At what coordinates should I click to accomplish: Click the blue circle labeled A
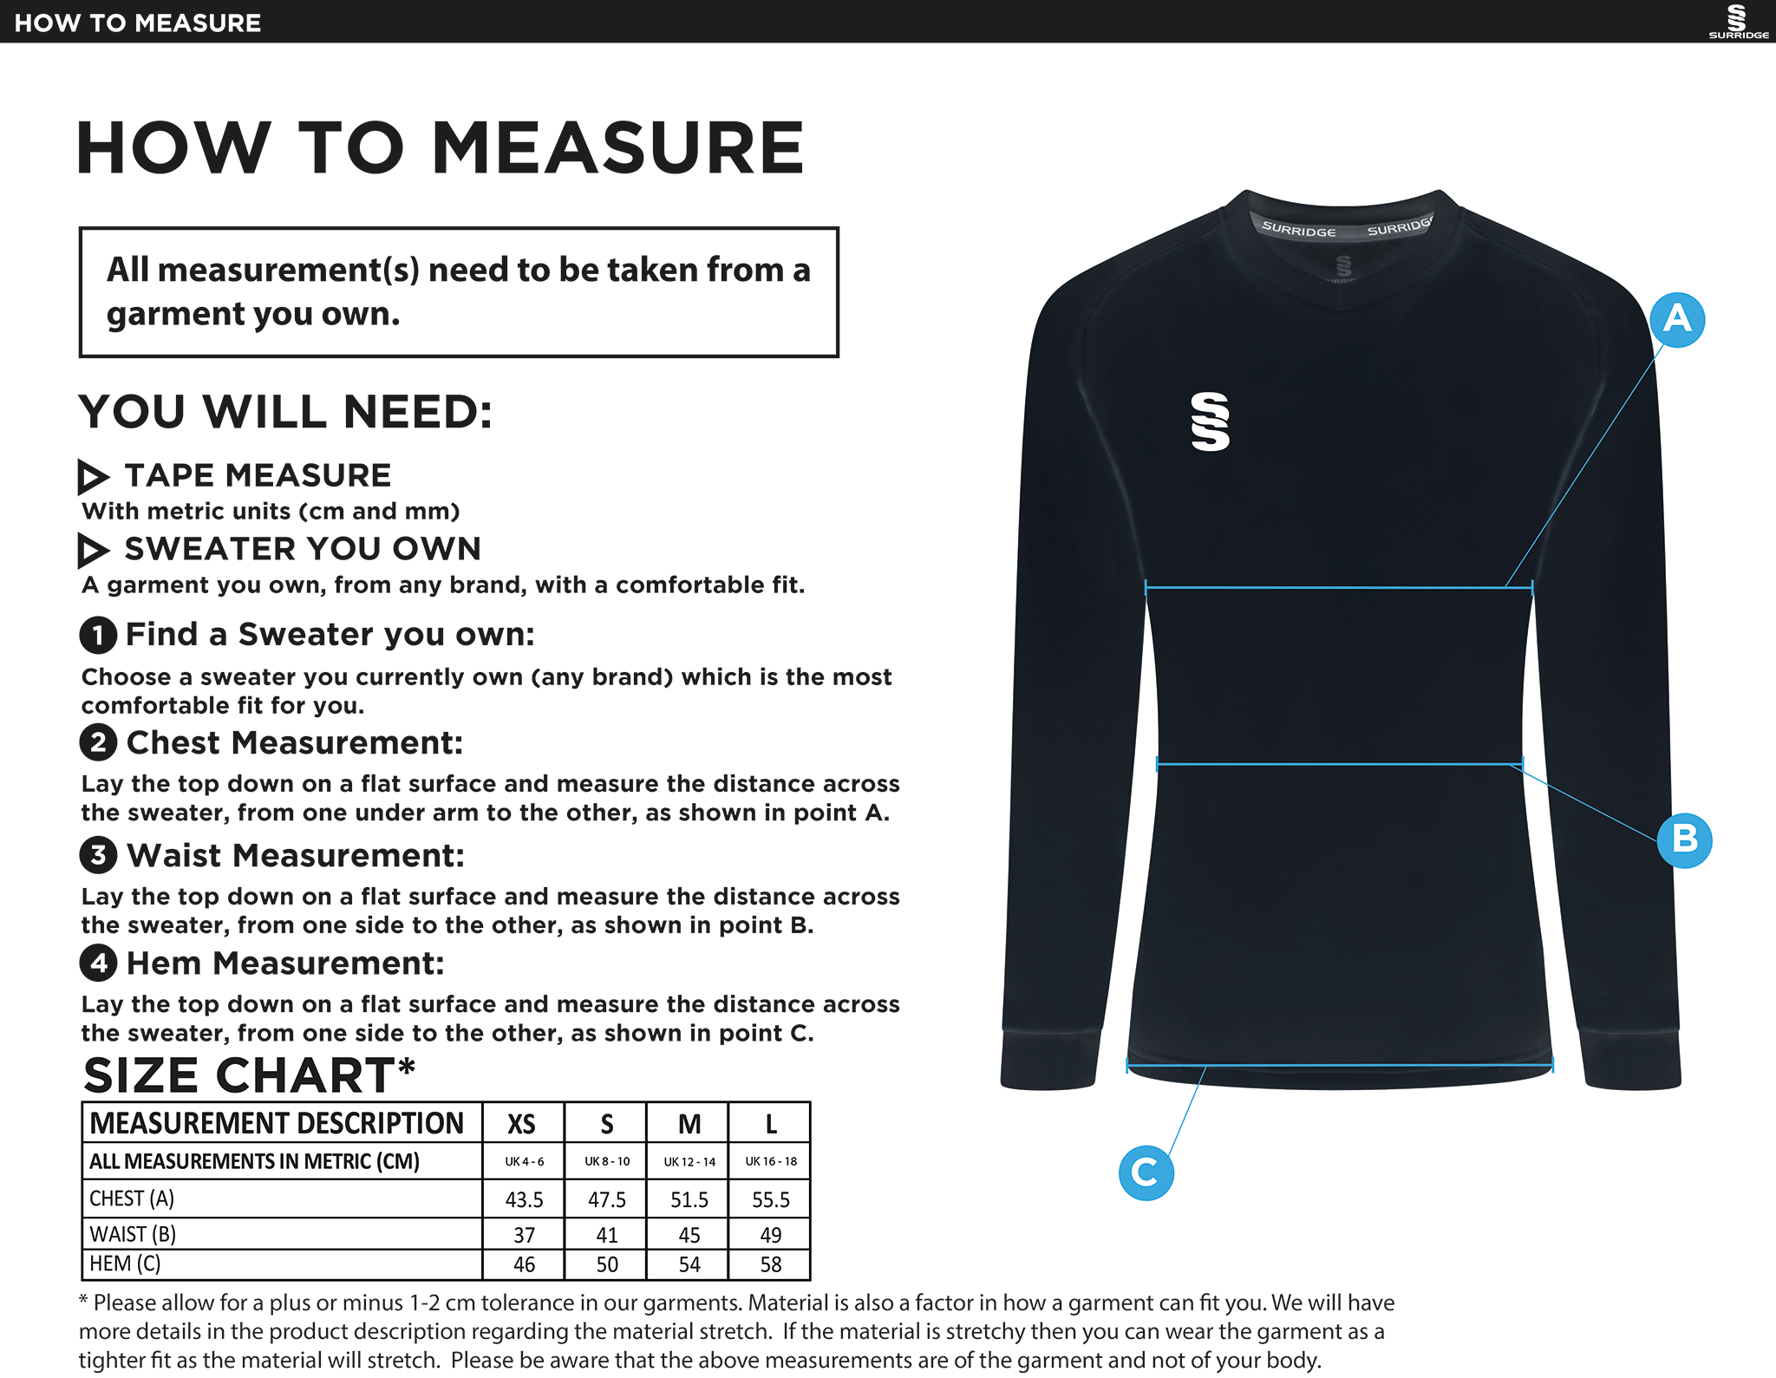(1677, 320)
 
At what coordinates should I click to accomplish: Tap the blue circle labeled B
(1684, 839)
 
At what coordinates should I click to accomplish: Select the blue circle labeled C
(1146, 1172)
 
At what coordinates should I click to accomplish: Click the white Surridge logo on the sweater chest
(1211, 421)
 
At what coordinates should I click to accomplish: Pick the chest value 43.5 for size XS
(524, 1199)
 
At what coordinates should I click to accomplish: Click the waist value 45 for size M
(689, 1234)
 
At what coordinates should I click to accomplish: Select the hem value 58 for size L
(770, 1264)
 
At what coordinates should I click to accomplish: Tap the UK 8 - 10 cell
(607, 1161)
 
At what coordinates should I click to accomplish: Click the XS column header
(521, 1124)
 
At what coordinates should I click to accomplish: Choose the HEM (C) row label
(126, 1264)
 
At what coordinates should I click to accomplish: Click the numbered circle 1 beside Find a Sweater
(98, 635)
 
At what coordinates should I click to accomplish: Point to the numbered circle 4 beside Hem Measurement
(98, 963)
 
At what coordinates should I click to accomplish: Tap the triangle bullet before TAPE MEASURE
(93, 476)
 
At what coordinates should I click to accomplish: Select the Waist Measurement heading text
(296, 856)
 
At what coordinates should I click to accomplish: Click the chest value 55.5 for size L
(770, 1199)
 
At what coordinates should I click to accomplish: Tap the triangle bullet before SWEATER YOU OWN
(93, 550)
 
